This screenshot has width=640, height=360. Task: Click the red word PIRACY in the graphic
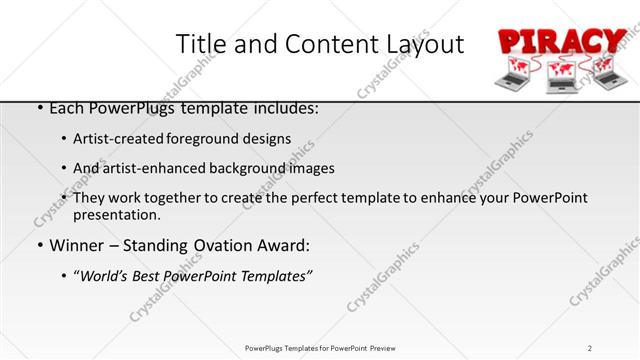(561, 43)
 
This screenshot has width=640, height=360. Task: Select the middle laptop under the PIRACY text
(563, 79)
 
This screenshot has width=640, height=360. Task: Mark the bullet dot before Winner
(39, 246)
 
